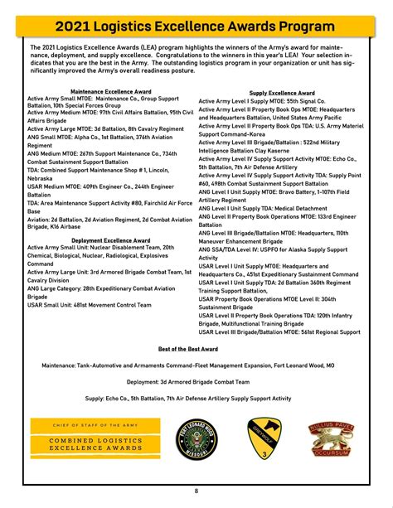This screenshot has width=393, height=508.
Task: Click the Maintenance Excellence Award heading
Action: [x=110, y=91]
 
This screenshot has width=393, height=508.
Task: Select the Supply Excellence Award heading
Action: [x=282, y=94]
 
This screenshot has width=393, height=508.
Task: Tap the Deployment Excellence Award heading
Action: [x=110, y=240]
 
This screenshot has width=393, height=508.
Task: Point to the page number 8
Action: [x=196, y=491]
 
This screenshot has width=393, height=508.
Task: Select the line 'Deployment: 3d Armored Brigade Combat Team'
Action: [x=196, y=382]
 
